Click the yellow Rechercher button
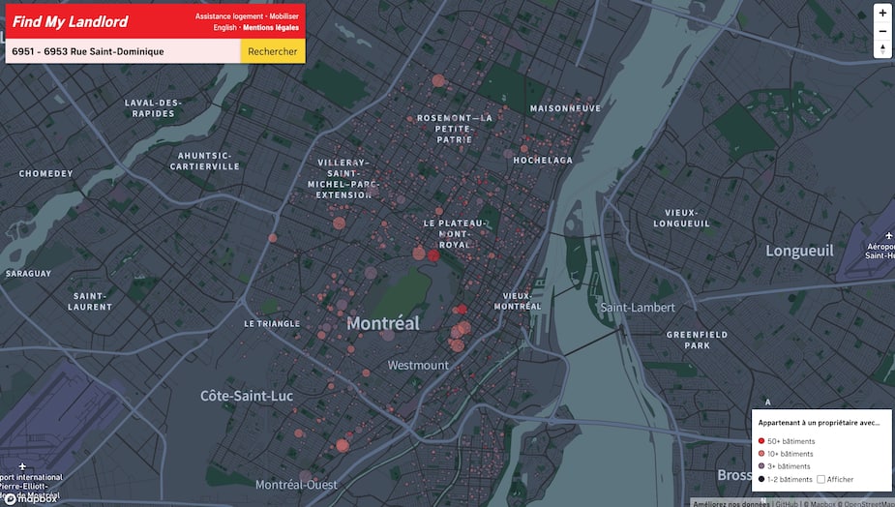pyautogui.click(x=272, y=51)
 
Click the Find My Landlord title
pyautogui.click(x=71, y=21)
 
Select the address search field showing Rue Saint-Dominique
pyautogui.click(x=121, y=51)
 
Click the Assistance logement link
pyautogui.click(x=228, y=16)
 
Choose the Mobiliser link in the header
pyautogui.click(x=283, y=16)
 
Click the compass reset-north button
pyautogui.click(x=881, y=49)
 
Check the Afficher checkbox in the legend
pyautogui.click(x=821, y=479)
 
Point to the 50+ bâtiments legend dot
pyautogui.click(x=761, y=441)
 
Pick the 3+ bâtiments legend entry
pyautogui.click(x=789, y=466)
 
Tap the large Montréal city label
pyautogui.click(x=383, y=323)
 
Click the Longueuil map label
pyautogui.click(x=799, y=251)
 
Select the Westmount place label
pyautogui.click(x=418, y=366)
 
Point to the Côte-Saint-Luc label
pyautogui.click(x=247, y=396)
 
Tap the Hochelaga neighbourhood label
pyautogui.click(x=543, y=160)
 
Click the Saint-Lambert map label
pyautogui.click(x=638, y=308)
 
